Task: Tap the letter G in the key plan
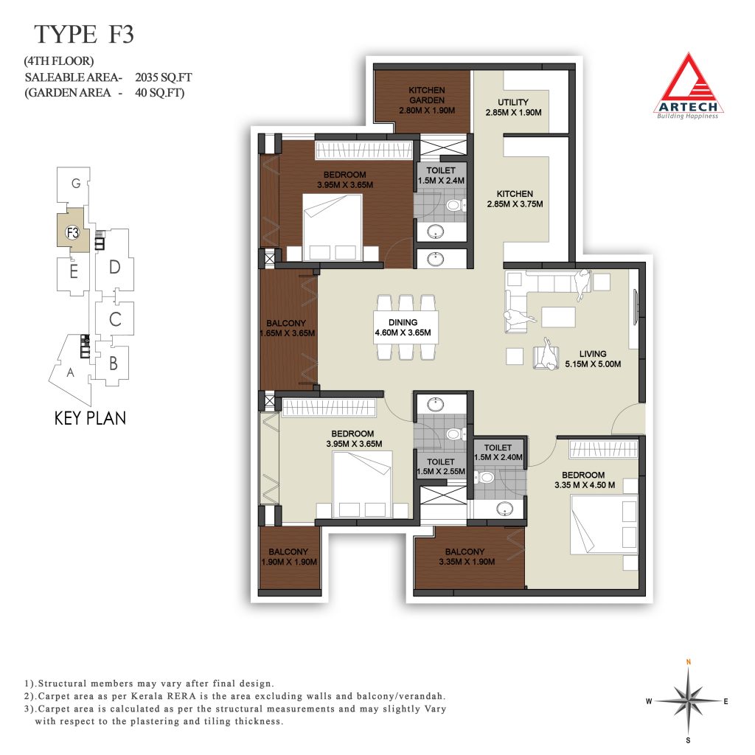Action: point(76,184)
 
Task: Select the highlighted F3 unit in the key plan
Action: point(72,232)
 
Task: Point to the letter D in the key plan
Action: point(114,267)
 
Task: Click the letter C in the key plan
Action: point(115,319)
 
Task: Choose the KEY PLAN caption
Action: point(90,418)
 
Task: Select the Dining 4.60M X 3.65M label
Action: point(403,327)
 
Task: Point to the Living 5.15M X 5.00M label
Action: point(593,359)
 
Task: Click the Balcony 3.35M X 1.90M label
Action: point(467,557)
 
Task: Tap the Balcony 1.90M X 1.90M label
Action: point(289,557)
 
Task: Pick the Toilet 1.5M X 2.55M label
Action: point(441,467)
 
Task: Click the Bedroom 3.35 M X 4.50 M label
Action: point(584,480)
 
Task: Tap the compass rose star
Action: point(689,700)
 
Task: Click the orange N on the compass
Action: point(689,662)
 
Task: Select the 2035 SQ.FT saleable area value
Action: point(163,77)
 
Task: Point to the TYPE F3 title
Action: point(84,34)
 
